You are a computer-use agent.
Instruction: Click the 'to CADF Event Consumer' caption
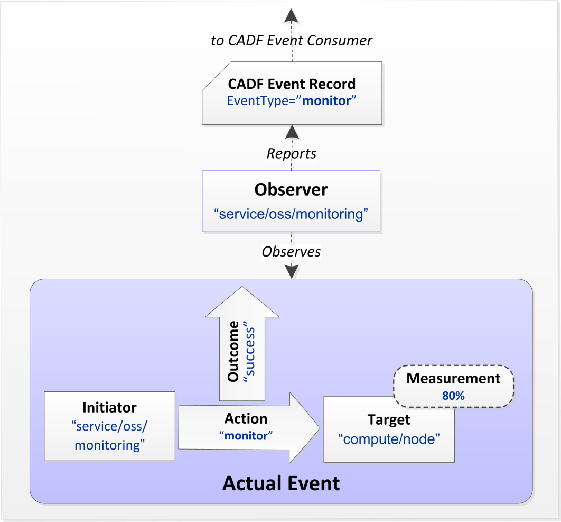[292, 40]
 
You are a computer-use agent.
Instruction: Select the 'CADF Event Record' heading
[292, 84]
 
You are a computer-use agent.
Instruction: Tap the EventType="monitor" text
[292, 100]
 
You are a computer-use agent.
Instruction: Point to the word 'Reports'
[292, 153]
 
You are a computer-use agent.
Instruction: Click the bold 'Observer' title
[291, 189]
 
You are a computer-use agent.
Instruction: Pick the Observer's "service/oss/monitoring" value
[291, 214]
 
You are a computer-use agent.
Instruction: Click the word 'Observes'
[292, 252]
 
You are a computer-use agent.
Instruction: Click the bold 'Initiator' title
[109, 408]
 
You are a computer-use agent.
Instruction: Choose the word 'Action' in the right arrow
[246, 419]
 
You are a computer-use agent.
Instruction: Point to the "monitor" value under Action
[246, 436]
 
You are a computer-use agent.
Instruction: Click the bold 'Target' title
[389, 420]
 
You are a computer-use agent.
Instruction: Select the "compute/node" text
[389, 439]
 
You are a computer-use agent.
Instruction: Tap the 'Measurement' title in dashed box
[453, 379]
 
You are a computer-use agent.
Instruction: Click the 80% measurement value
[453, 395]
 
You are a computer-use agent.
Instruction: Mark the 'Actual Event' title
[281, 483]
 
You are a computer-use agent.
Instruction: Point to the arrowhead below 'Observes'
[292, 271]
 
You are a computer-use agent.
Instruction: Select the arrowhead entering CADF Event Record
[292, 131]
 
